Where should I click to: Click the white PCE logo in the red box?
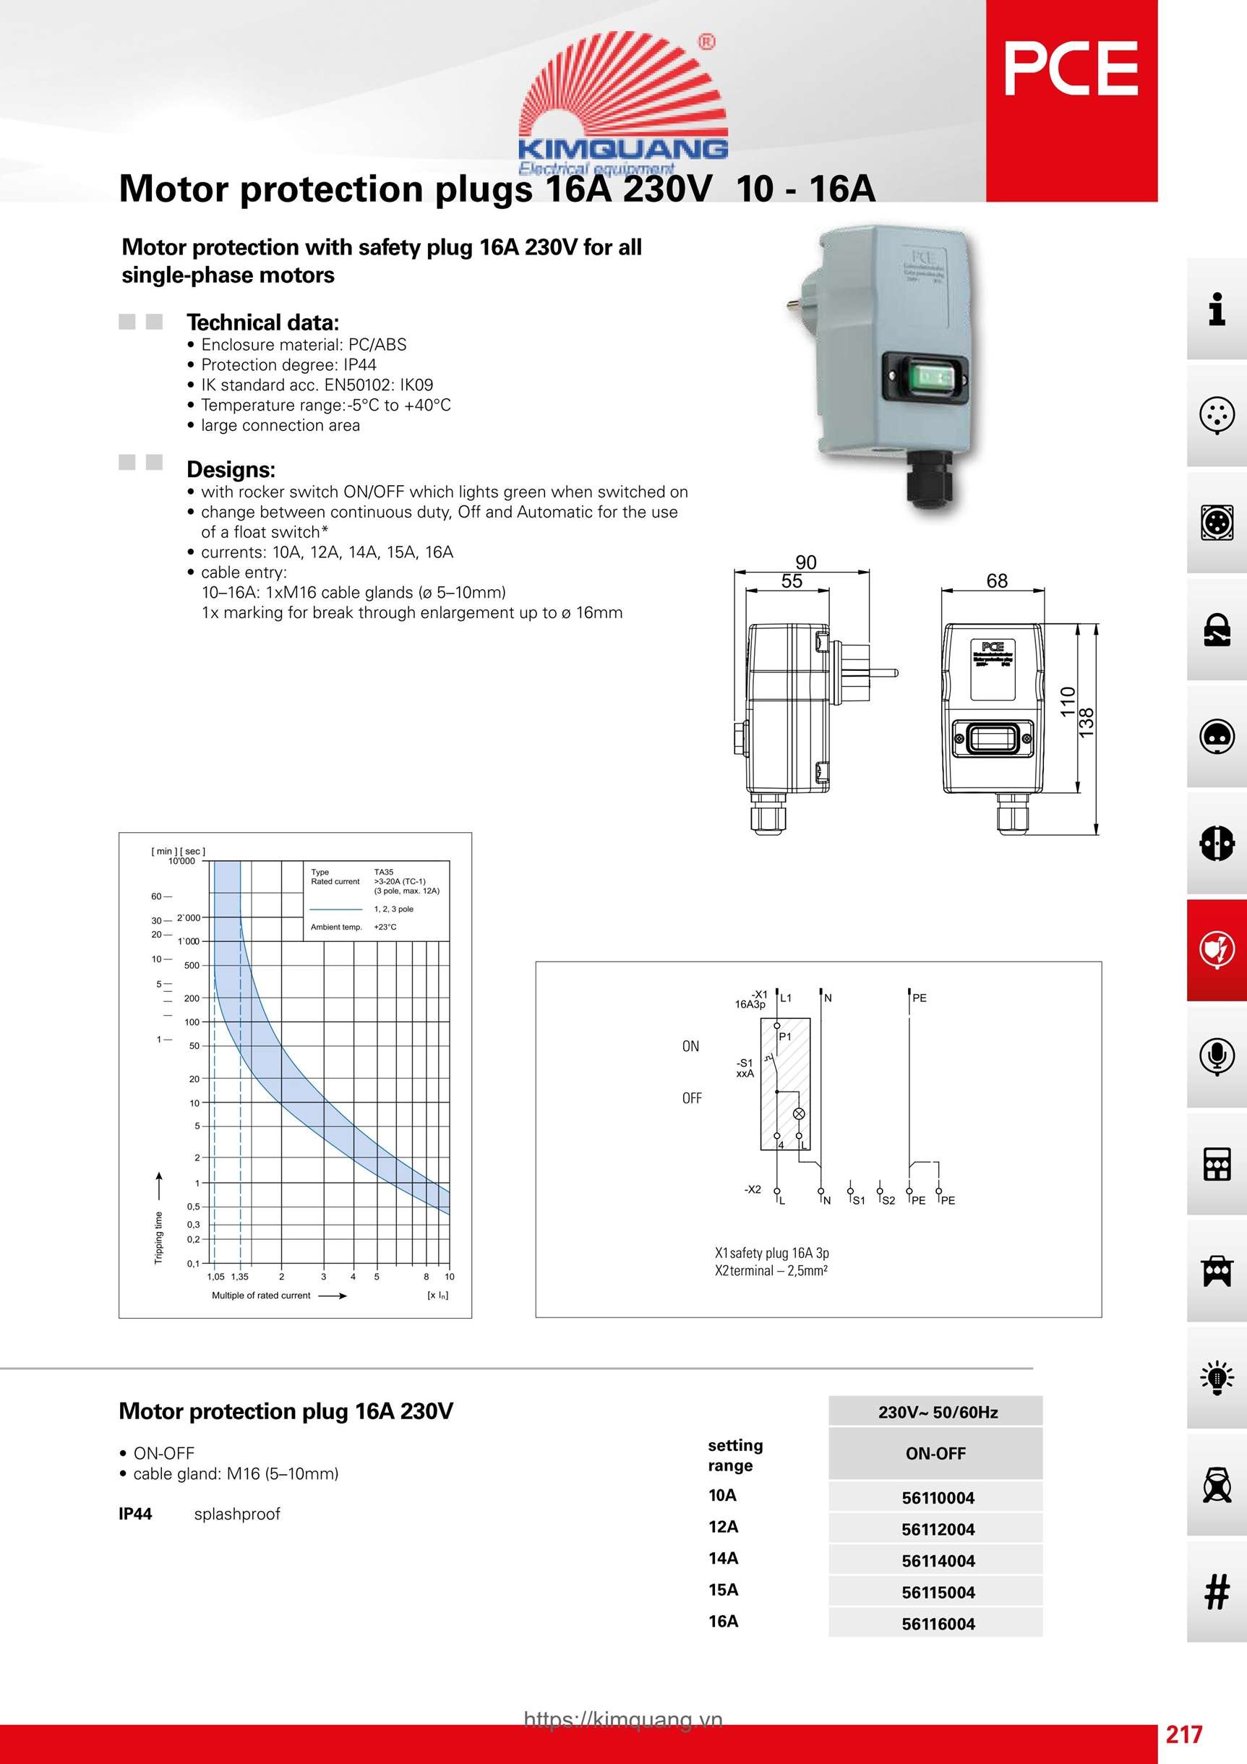tap(1071, 69)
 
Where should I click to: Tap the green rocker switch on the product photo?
tap(925, 376)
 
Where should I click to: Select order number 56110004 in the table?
tap(938, 1497)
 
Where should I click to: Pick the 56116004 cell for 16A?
tap(938, 1624)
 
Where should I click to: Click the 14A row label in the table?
tap(723, 1557)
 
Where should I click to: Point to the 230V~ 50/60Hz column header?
tap(938, 1412)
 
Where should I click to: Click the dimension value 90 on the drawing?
tap(805, 562)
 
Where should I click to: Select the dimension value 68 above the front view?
tap(997, 581)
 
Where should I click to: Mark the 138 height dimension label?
tap(1086, 723)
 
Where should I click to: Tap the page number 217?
tap(1183, 1734)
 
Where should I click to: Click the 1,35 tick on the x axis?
tap(240, 1277)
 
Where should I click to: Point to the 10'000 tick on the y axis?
tap(182, 861)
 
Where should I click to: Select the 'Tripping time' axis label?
tap(159, 1238)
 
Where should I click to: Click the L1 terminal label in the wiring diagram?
tap(785, 998)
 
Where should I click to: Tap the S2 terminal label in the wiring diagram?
tap(888, 1201)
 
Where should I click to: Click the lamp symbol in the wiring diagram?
tap(799, 1113)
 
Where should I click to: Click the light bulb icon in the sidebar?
tap(1216, 1376)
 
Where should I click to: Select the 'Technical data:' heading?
tap(262, 322)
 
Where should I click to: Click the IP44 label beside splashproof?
tap(135, 1514)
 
